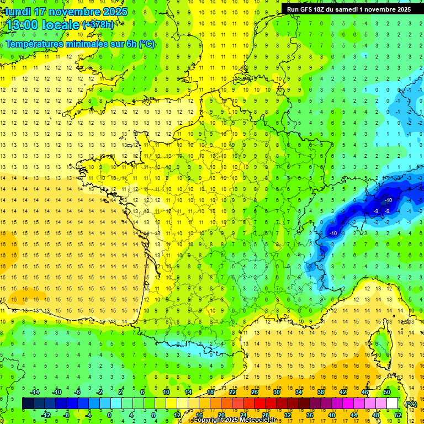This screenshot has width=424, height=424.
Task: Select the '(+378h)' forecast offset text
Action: pyautogui.click(x=98, y=25)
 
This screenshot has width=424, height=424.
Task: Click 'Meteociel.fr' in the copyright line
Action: pyautogui.click(x=253, y=420)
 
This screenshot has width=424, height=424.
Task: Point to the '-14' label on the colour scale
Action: pyautogui.click(x=34, y=392)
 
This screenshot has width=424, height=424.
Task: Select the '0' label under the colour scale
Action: pyautogui.click(x=109, y=415)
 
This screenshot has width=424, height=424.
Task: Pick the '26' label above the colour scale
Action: pyautogui.click(x=254, y=392)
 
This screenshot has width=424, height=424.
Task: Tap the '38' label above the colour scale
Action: pyautogui.click(x=320, y=392)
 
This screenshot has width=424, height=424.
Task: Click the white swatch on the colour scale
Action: pyautogui.click(x=393, y=404)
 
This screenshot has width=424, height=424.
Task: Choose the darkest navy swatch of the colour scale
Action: pyautogui.click(x=28, y=404)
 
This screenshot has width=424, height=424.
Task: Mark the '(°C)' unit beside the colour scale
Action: pyautogui.click(x=411, y=404)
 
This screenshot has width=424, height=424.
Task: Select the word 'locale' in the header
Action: pyautogui.click(x=61, y=25)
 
